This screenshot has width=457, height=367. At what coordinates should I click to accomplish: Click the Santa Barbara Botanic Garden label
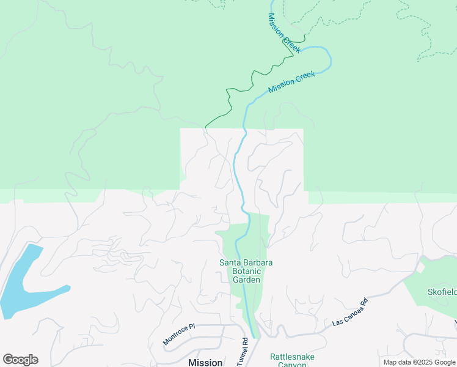(x=246, y=271)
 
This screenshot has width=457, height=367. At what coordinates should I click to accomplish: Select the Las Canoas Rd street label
(x=351, y=311)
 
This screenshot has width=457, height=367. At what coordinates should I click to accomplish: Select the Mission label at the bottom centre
(x=205, y=362)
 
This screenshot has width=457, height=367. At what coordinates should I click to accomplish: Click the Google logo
(x=20, y=360)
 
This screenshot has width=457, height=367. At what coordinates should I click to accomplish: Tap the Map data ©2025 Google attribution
(x=419, y=362)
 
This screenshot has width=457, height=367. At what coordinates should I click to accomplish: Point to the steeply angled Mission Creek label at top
(x=283, y=33)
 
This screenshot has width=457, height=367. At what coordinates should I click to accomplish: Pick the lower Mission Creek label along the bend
(x=291, y=83)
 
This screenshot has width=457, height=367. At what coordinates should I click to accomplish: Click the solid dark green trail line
(x=230, y=98)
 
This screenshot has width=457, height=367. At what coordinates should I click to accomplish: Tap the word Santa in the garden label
(x=230, y=263)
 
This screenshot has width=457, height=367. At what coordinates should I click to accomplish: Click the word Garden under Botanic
(x=247, y=280)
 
